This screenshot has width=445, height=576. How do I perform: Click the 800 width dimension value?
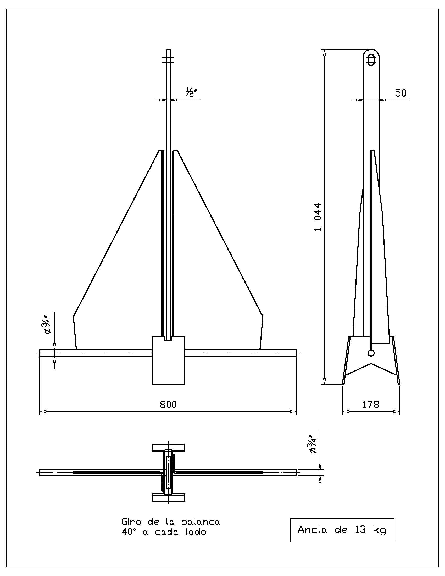coord(168,404)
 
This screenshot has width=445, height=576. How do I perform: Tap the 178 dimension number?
coord(371,404)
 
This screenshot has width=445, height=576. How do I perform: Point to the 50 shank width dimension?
coord(400,93)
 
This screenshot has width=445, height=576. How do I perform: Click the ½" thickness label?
coord(192,92)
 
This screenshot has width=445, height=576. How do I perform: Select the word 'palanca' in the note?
coord(200,522)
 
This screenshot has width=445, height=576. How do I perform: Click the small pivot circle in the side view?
coord(371,353)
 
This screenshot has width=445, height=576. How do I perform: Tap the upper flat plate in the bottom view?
coord(168,447)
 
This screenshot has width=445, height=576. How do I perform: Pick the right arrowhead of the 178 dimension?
coord(397,411)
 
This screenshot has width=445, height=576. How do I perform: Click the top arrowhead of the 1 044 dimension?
coord(325,53)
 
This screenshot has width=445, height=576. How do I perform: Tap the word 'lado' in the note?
coord(196,532)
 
